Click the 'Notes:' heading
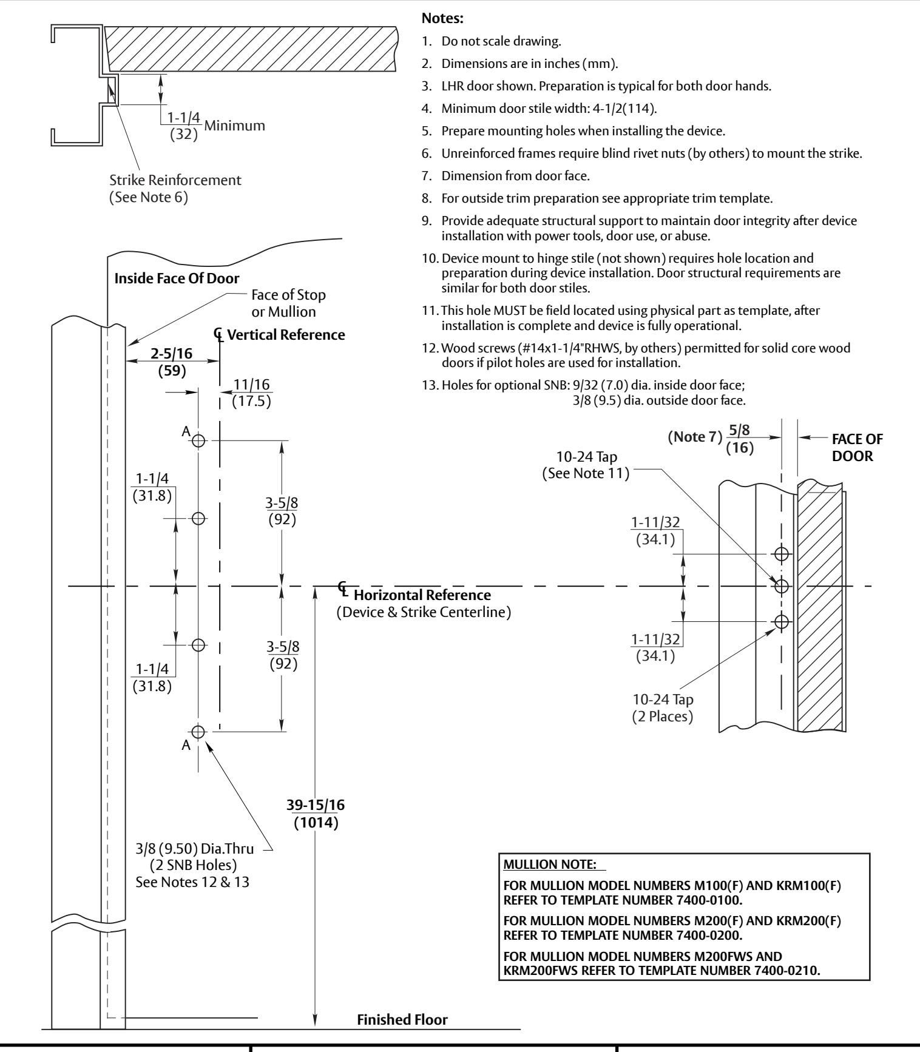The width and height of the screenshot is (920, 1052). pyautogui.click(x=442, y=19)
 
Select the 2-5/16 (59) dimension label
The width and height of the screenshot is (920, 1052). pyautogui.click(x=172, y=361)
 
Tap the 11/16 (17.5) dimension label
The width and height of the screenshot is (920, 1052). pyautogui.click(x=251, y=393)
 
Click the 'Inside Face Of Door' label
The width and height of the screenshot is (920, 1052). pyautogui.click(x=177, y=278)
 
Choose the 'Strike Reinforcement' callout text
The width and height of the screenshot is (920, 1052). pyautogui.click(x=175, y=180)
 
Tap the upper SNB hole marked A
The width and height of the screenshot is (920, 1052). pyautogui.click(x=198, y=441)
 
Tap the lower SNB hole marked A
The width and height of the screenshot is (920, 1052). pyautogui.click(x=198, y=731)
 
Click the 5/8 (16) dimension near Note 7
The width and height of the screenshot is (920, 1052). pyautogui.click(x=739, y=439)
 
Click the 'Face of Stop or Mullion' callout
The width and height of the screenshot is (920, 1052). pyautogui.click(x=288, y=303)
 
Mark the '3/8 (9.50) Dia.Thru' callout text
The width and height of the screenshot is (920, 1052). pyautogui.click(x=194, y=849)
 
